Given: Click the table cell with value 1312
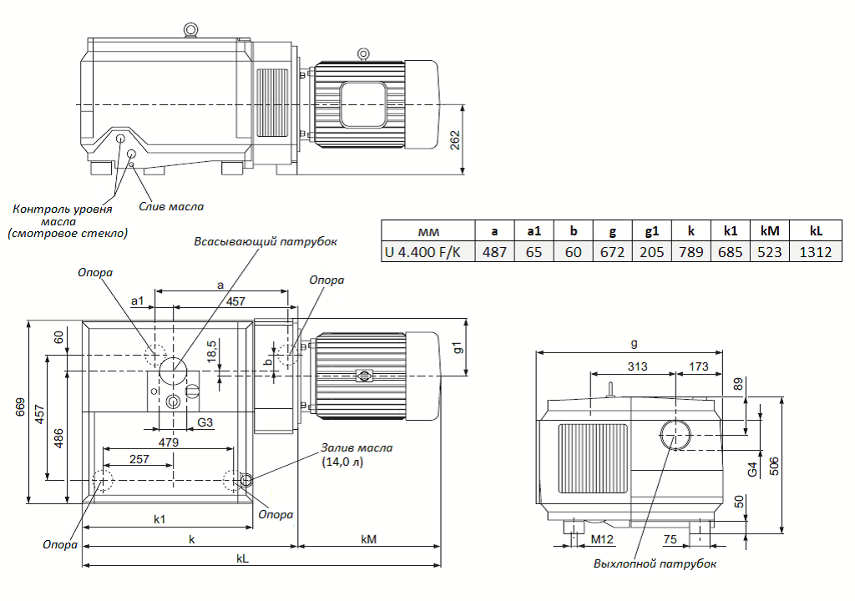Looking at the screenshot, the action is coord(815,252).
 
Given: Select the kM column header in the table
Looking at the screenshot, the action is coord(769,230).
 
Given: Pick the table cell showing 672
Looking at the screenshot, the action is coord(612,252).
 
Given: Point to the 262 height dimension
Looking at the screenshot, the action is coord(455,139).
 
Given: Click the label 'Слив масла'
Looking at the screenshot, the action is coord(171,207).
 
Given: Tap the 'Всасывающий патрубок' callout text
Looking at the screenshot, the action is coord(266,241).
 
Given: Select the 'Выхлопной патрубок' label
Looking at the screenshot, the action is coord(655,564).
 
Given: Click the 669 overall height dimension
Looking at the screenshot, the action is coord(20,407).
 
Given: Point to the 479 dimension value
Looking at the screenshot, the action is coord(169,442).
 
